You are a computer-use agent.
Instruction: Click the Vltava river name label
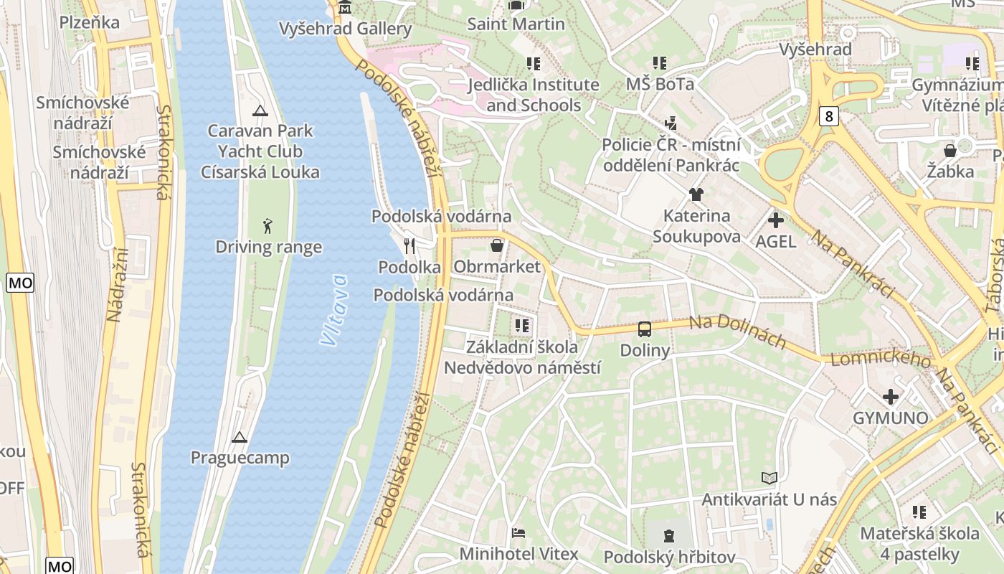[333, 310]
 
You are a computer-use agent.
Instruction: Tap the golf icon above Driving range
[267, 226]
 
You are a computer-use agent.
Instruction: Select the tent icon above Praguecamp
[240, 436]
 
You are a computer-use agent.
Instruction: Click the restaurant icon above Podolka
[409, 246]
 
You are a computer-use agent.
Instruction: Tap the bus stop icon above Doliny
[644, 329]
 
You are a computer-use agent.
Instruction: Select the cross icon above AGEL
[775, 220]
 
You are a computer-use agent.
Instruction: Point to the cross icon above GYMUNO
[890, 397]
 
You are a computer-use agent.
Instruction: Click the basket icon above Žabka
[950, 151]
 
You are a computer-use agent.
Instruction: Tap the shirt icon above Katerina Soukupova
[696, 194]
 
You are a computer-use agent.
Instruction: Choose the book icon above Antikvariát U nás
[769, 478]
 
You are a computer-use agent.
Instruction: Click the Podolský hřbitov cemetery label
[669, 557]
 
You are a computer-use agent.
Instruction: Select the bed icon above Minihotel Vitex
[518, 533]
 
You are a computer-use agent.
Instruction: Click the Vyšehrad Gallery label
[346, 29]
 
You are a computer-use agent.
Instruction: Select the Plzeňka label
[89, 22]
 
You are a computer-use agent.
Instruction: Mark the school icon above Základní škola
[522, 326]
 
